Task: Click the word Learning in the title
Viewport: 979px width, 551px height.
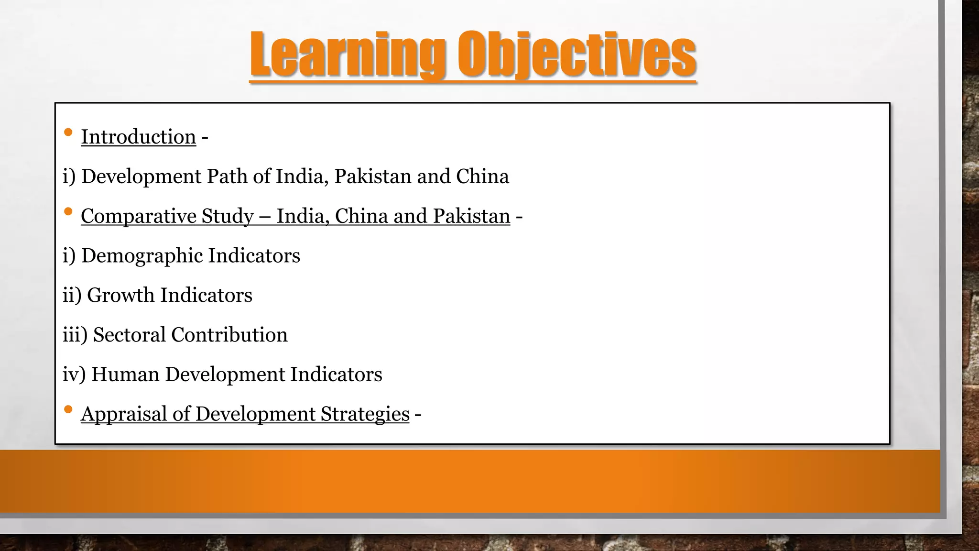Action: [348, 55]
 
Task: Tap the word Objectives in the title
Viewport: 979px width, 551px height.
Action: [577, 55]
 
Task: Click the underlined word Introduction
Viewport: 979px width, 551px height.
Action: [138, 137]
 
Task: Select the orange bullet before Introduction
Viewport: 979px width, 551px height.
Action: [68, 132]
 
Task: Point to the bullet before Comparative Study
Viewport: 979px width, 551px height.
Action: [68, 211]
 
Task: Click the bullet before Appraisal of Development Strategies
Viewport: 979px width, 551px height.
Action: [68, 409]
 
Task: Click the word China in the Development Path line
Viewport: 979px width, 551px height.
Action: [482, 176]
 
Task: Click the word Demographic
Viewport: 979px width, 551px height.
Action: [141, 256]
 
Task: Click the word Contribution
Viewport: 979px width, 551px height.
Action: [229, 335]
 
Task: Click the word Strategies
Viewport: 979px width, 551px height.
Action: [365, 414]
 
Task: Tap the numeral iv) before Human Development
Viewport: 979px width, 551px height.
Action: [74, 375]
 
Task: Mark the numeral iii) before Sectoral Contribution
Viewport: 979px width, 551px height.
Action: [75, 335]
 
